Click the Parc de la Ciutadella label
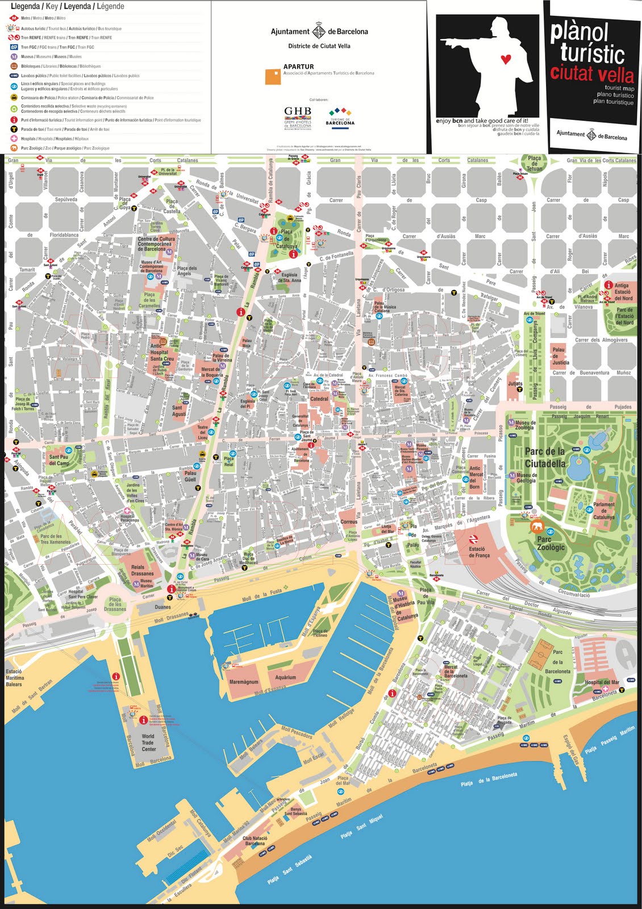point(545,457)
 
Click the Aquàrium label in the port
point(285,677)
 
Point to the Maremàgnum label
point(244,682)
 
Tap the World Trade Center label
point(148,743)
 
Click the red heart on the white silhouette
point(506,59)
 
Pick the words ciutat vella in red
point(591,74)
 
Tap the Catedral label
point(319,399)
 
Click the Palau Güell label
point(190,476)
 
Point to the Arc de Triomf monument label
point(534,314)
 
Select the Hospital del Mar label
point(602,682)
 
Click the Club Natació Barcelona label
point(255,840)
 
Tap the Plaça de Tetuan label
point(534,164)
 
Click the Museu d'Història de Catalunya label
point(406,608)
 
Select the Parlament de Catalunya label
point(603,510)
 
